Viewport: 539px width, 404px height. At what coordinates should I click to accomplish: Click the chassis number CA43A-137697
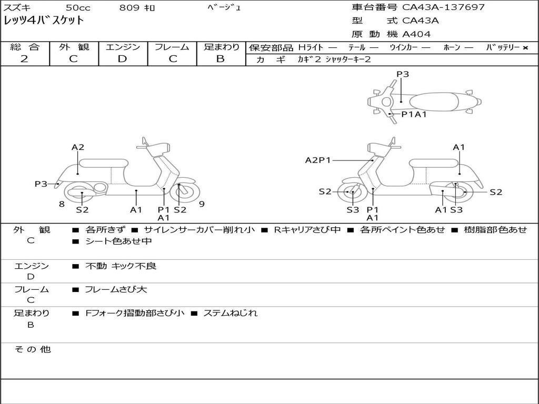click(443, 7)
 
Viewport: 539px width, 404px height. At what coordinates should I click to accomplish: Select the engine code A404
click(416, 34)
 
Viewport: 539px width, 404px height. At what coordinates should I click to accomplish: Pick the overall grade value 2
click(24, 59)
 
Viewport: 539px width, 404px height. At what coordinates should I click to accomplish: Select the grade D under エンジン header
click(122, 59)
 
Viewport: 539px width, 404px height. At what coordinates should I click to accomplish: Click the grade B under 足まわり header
click(221, 59)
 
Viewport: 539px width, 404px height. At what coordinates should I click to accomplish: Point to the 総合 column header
click(24, 47)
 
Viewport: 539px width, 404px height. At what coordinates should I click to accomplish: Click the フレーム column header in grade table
click(172, 47)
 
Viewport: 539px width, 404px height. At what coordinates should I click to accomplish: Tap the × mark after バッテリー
click(525, 48)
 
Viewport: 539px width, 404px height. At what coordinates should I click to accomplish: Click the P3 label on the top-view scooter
click(403, 74)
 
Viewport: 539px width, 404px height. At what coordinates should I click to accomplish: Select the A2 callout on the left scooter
click(78, 147)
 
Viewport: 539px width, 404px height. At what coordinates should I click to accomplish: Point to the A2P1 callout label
click(318, 160)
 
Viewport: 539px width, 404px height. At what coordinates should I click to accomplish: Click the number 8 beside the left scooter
click(62, 204)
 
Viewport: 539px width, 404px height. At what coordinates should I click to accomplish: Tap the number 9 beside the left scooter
click(202, 204)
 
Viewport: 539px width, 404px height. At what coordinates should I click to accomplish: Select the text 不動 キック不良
click(121, 266)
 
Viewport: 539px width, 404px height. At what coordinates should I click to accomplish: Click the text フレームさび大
click(116, 289)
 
